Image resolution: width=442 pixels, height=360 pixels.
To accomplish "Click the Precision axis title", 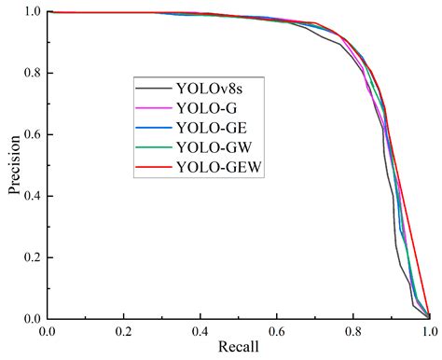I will tap(13, 165).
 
